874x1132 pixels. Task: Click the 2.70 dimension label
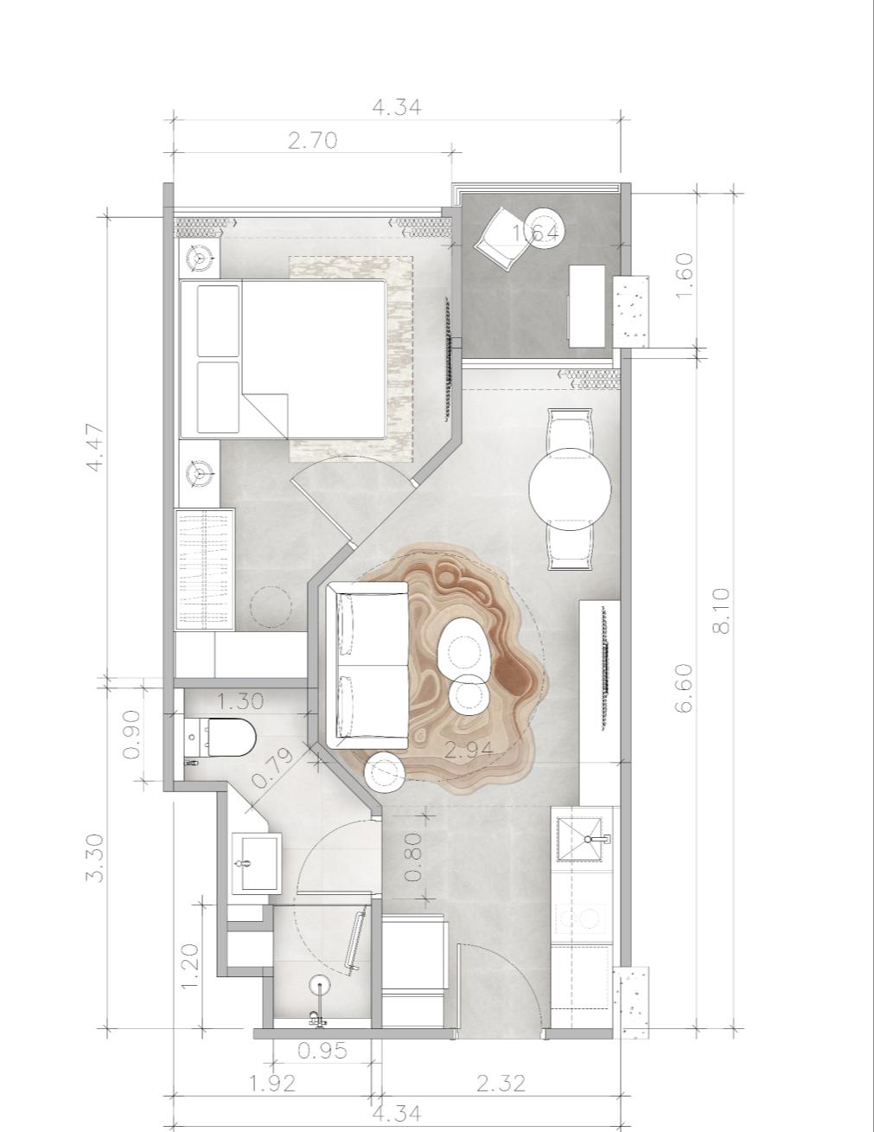click(x=312, y=141)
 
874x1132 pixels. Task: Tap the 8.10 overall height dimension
click(x=722, y=611)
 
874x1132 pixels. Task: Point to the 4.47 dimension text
click(x=95, y=447)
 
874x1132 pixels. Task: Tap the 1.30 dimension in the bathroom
click(x=240, y=701)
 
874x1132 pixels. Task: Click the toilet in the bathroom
click(x=222, y=737)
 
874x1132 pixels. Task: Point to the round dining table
click(x=570, y=489)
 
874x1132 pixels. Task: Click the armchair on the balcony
click(x=503, y=239)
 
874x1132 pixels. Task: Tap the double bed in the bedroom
click(x=284, y=360)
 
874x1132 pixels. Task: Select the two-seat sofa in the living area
click(x=367, y=665)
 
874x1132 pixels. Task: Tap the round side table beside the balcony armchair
click(x=543, y=228)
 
